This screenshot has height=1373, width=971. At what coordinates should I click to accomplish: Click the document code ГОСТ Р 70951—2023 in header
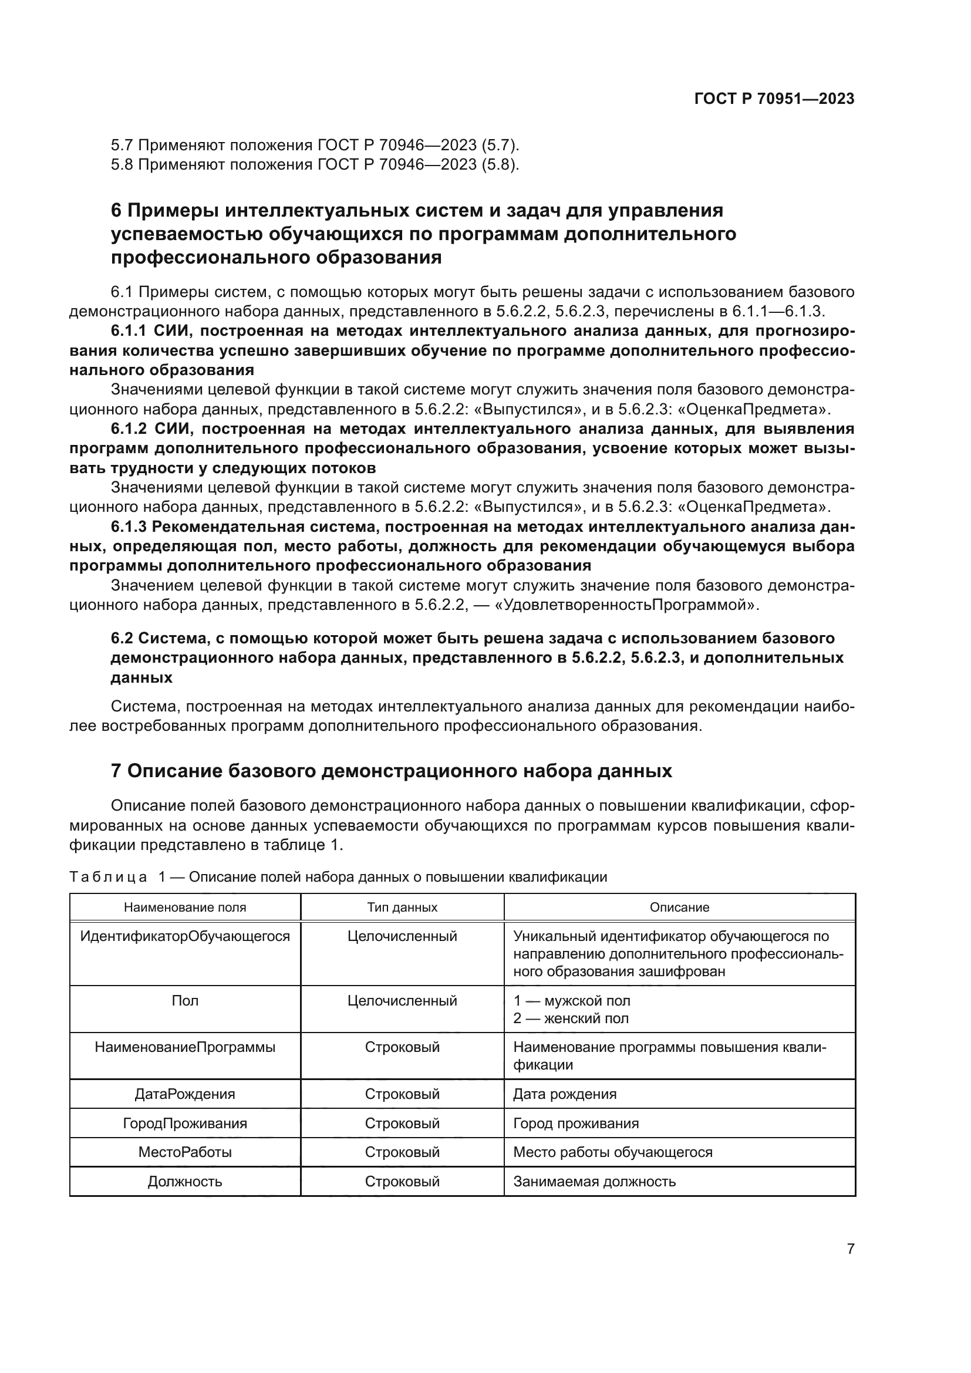point(774,99)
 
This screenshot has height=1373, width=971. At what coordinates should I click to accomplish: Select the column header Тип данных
point(402,907)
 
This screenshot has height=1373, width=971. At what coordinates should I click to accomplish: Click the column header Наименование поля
point(185,907)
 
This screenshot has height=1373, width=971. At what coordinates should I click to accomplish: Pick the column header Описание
point(679,907)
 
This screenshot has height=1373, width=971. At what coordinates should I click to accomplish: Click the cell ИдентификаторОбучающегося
point(185,936)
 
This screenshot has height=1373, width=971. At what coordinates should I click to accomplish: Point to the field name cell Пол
point(185,1001)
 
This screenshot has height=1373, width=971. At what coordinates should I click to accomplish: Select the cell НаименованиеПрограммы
point(185,1048)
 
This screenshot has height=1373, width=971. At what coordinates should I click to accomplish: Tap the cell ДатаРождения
point(185,1094)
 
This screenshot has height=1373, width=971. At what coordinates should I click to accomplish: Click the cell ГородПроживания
point(185,1124)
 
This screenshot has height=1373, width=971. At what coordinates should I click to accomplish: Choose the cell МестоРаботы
point(185,1152)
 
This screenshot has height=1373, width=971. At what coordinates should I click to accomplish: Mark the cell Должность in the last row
point(185,1182)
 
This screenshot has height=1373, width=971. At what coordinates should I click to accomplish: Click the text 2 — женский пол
point(571,1018)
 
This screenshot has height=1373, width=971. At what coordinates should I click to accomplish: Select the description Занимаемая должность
point(594,1182)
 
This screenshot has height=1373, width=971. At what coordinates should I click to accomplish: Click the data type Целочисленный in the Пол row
point(402,1001)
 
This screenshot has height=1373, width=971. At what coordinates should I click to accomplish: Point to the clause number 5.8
point(122,164)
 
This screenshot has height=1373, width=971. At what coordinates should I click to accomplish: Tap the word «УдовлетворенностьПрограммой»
point(625,605)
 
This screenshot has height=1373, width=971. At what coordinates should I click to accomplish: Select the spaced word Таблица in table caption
point(107,877)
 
